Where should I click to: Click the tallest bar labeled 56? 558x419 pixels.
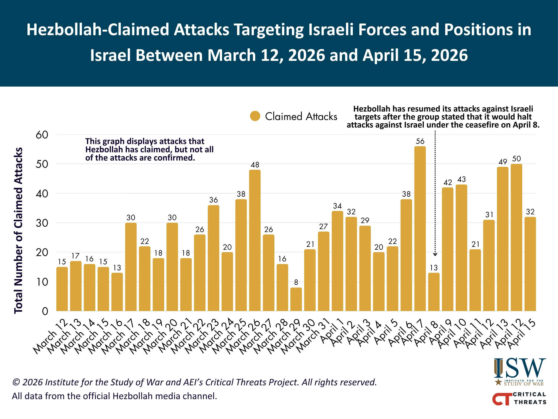(420, 229)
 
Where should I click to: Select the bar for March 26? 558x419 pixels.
(255, 240)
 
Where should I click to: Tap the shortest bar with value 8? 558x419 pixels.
(296, 299)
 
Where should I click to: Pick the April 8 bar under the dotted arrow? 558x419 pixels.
(434, 292)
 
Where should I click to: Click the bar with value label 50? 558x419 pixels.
(516, 237)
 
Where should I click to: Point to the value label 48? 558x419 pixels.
(255, 165)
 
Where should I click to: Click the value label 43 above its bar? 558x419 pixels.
(461, 180)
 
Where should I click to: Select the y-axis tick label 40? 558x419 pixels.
(42, 194)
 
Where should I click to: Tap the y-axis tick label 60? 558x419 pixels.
(42, 135)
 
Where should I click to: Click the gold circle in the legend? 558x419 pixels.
(255, 116)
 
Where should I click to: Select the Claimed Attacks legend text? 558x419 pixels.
(301, 117)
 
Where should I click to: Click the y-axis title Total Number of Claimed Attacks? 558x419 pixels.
(18, 230)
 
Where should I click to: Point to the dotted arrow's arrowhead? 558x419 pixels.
(435, 255)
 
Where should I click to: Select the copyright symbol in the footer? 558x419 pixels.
(16, 382)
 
